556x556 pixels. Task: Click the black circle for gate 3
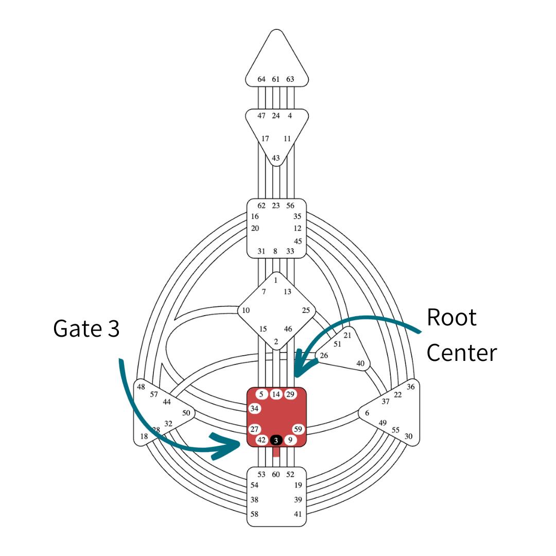276,440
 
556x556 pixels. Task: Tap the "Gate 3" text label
86,328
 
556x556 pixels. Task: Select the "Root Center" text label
462,335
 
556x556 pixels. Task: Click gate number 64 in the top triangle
262,79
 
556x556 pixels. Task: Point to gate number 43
276,158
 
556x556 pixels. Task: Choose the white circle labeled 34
254,409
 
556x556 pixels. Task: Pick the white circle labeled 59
298,429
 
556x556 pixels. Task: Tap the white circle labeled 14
276,394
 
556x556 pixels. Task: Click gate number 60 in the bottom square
276,474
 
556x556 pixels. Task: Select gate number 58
254,514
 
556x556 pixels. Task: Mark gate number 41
298,514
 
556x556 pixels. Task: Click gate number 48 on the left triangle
141,387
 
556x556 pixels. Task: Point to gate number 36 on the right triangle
410,387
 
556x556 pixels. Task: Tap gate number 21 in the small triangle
347,335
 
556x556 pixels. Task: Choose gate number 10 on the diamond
246,310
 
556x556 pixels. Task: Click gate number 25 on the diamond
306,310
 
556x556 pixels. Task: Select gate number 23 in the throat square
276,205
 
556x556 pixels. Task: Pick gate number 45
298,241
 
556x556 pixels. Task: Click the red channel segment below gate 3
276,452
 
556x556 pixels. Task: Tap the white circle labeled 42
262,440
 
